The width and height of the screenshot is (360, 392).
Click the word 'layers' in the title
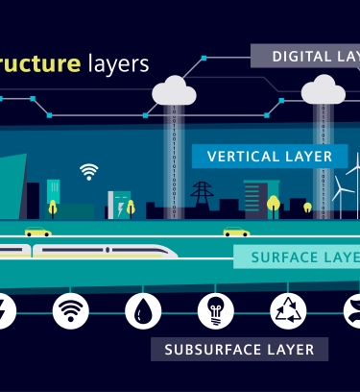[x=118, y=64]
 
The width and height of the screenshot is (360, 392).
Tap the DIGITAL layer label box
[x=306, y=56]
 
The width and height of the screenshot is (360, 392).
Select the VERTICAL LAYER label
[x=269, y=156]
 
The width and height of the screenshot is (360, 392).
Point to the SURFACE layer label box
[x=298, y=257]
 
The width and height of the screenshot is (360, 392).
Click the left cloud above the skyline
[x=174, y=91]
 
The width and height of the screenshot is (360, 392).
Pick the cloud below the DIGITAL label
[x=324, y=92]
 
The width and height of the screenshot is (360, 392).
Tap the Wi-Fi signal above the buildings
[x=89, y=172]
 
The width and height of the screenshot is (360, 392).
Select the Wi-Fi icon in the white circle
[x=70, y=309]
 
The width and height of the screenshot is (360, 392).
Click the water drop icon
[x=142, y=309]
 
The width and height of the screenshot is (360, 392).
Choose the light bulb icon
[x=215, y=309]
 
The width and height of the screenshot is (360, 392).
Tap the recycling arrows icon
[x=287, y=309]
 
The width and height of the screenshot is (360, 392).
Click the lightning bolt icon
[x=5, y=309]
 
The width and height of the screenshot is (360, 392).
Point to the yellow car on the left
[x=38, y=232]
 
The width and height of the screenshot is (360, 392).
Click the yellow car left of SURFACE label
[x=236, y=232]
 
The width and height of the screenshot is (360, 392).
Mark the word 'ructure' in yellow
[x=39, y=64]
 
